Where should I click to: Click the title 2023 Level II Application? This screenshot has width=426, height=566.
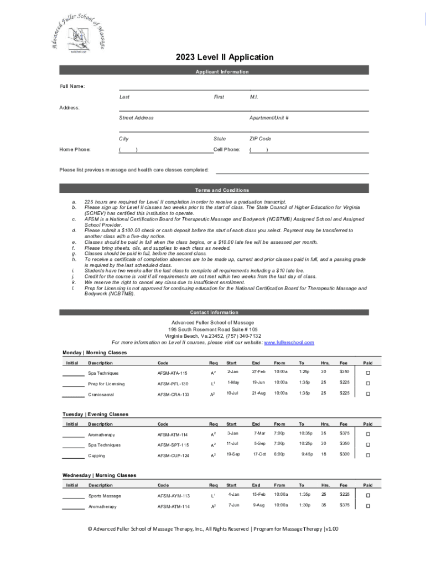coord(225,57)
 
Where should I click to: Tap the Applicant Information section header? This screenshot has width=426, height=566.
coord(222,72)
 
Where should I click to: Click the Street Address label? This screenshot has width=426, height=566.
coord(136,118)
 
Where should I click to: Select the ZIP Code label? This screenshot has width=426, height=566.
coord(260,139)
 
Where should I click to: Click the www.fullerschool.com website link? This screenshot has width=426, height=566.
coord(289,343)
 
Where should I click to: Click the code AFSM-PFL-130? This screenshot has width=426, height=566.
coord(173,384)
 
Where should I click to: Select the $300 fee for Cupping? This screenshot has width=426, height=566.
coord(344,454)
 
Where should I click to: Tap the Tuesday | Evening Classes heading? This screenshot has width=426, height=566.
coord(95,414)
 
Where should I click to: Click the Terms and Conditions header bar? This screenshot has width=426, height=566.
coord(222,190)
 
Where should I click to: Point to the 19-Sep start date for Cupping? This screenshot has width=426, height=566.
coord(233,454)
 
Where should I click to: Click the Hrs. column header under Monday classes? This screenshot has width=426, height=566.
coord(326,363)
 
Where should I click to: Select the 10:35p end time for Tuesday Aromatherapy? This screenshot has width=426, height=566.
coord(306,433)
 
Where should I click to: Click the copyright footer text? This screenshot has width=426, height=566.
coord(213,529)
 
